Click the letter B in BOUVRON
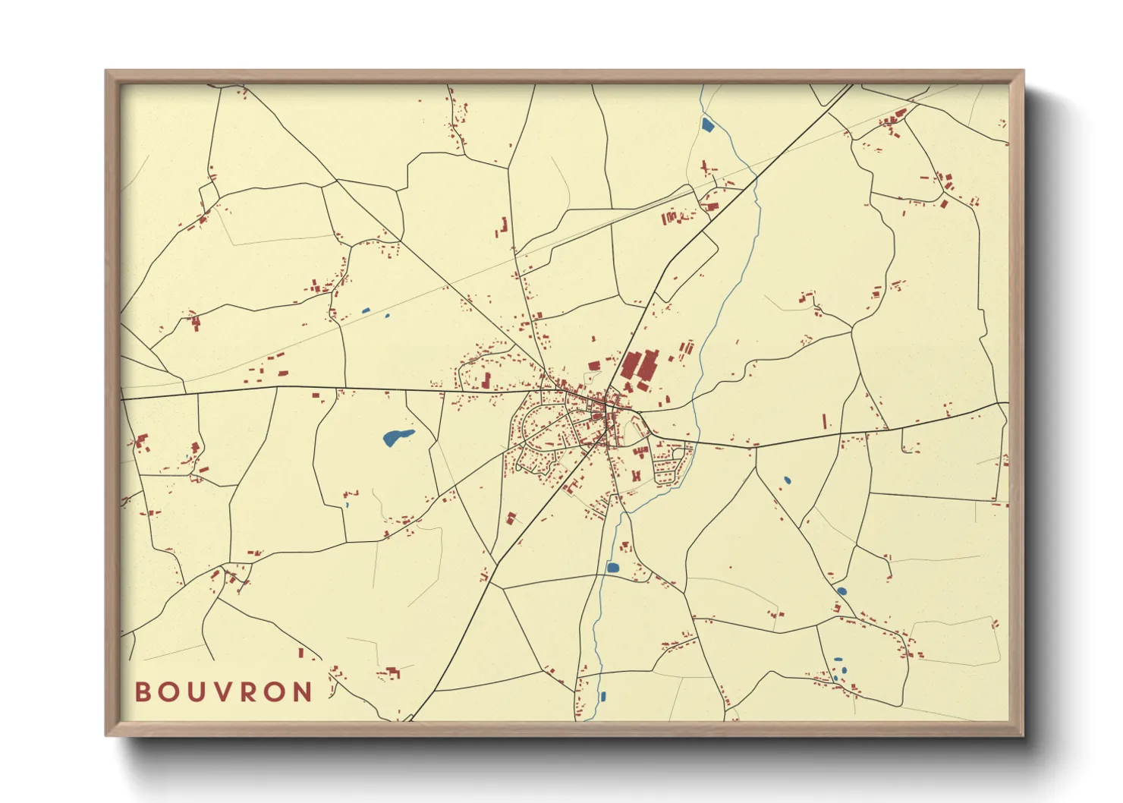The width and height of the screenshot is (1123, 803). pos(143,692)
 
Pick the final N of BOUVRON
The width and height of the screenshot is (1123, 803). pos(303,692)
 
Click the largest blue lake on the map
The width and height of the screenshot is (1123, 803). pos(397,437)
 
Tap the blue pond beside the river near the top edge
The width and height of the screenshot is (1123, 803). pos(707,124)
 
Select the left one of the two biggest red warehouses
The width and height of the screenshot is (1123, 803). pos(630,365)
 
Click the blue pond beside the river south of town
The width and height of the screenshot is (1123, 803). pos(612,567)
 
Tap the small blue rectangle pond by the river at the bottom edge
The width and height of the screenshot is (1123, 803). pos(603,696)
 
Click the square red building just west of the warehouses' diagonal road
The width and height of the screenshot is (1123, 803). pos(594,366)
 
